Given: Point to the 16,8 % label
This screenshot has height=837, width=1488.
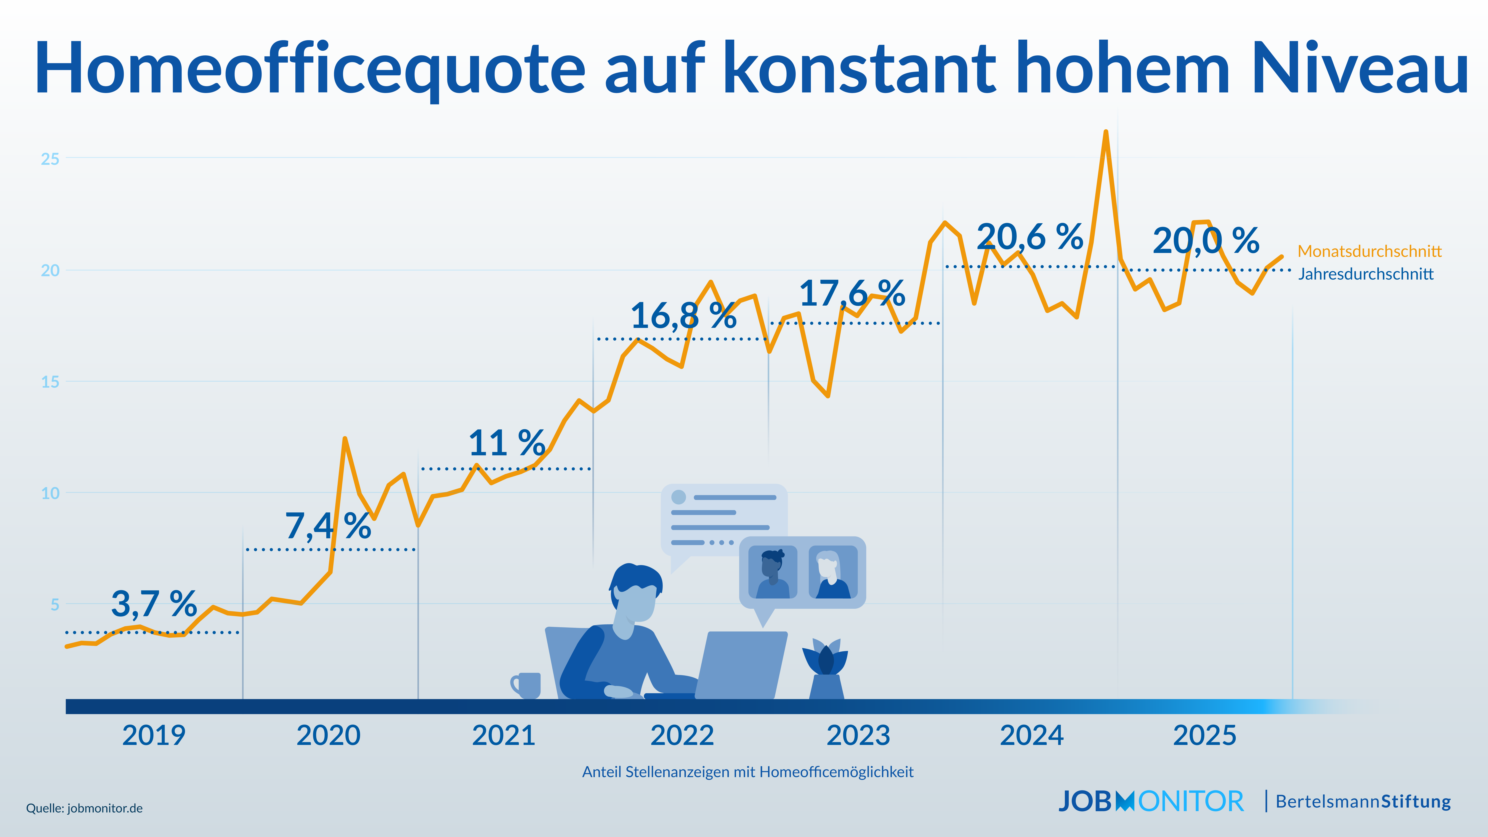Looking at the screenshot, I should (x=683, y=316).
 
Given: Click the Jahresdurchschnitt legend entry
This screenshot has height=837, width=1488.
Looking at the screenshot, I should (x=1366, y=274).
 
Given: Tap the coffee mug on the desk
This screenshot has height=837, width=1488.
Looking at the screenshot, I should (x=527, y=685).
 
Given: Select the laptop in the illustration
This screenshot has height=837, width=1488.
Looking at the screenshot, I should (x=742, y=664).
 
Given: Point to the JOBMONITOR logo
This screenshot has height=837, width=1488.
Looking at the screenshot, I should (x=1151, y=801).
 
